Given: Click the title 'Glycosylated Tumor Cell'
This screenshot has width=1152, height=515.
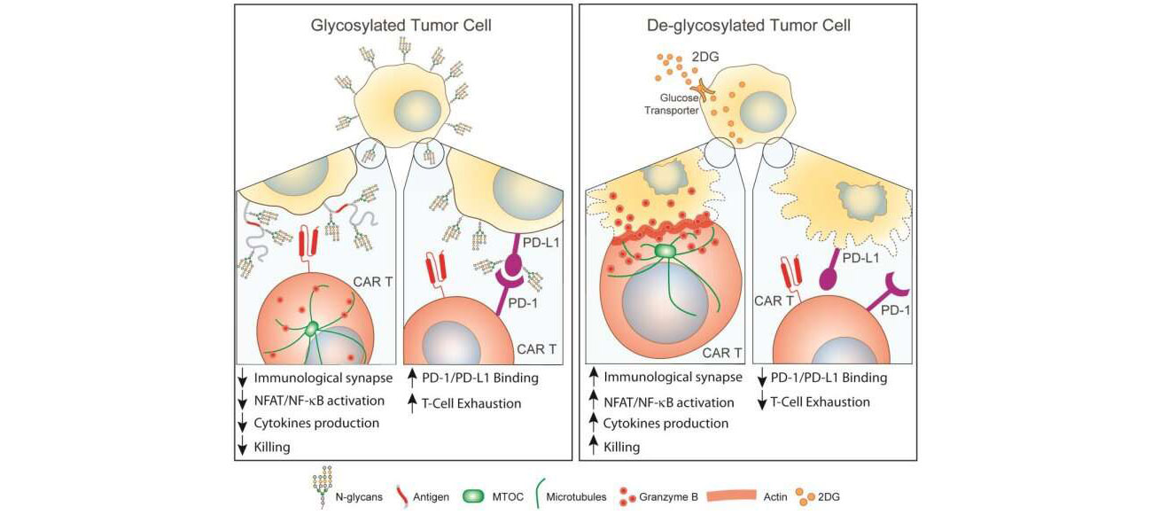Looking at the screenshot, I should click(401, 26).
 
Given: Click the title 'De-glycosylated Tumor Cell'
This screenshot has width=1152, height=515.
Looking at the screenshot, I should click(749, 26).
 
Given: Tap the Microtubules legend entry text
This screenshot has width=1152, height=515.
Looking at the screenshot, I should click(576, 497).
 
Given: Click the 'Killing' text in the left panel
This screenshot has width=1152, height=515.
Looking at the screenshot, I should click(272, 447).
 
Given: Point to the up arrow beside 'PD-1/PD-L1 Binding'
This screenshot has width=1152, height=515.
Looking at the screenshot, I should click(414, 378).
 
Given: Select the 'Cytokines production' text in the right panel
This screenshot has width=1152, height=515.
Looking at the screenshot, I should click(666, 423).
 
